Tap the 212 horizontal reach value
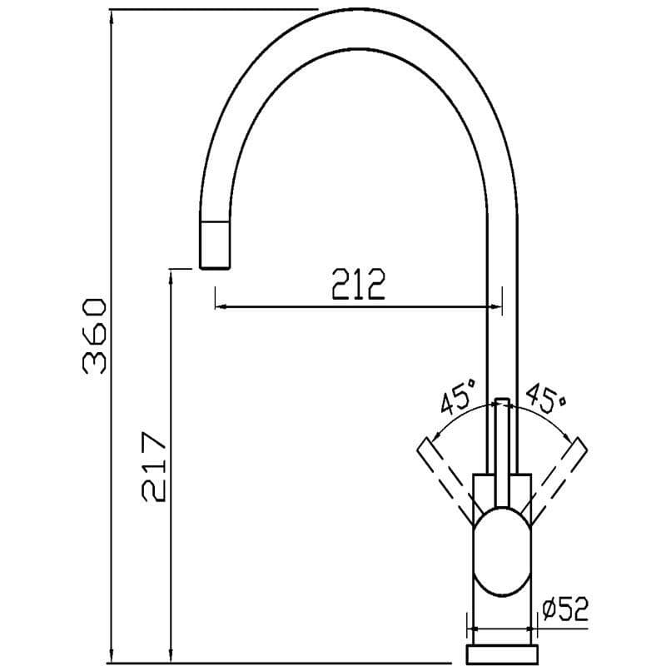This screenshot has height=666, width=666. click(x=359, y=286)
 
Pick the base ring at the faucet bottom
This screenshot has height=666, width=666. click(x=501, y=654)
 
